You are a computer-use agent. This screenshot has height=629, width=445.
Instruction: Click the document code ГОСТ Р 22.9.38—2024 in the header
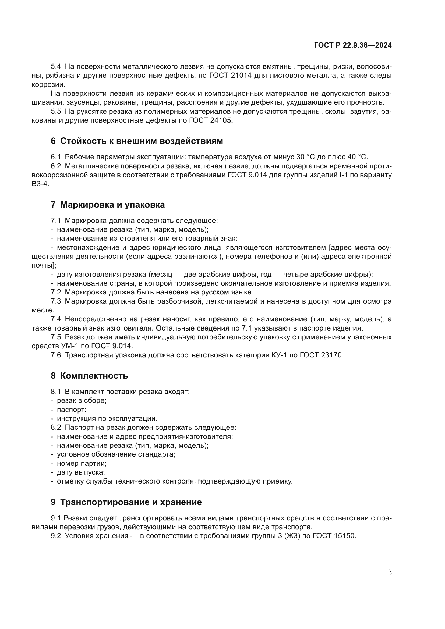(353, 45)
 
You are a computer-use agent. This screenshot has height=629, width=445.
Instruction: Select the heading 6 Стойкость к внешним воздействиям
(137, 141)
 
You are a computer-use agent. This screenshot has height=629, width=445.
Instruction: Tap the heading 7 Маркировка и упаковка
(108, 205)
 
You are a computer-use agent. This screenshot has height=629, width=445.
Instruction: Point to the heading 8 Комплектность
(89, 376)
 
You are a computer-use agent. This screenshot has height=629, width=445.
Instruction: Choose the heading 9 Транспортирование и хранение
(126, 502)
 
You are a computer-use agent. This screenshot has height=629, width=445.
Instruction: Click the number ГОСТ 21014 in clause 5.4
(230, 76)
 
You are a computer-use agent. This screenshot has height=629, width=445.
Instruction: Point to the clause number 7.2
(56, 292)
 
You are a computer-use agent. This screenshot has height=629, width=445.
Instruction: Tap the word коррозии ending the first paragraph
(48, 85)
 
